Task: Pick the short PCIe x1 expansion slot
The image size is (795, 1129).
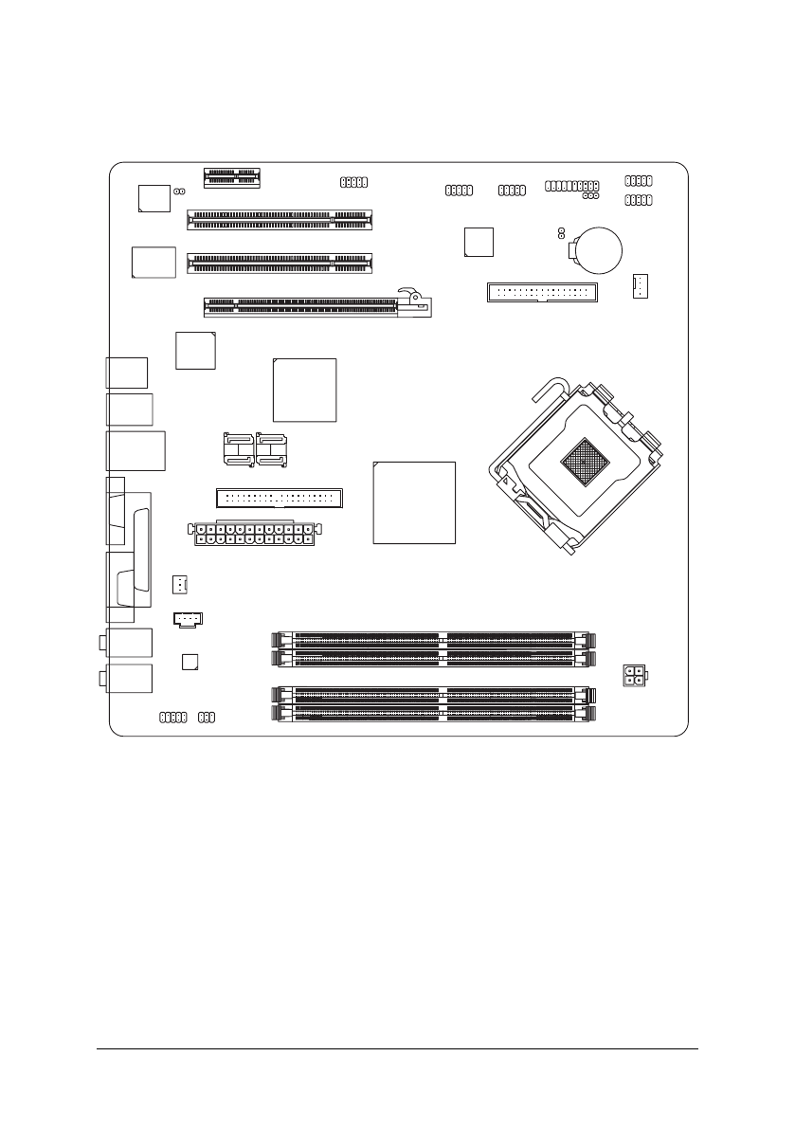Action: [x=233, y=174]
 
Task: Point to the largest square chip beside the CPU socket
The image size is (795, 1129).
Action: [x=414, y=501]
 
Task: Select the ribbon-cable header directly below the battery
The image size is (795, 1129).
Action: [x=541, y=291]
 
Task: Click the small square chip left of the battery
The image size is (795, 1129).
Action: [x=479, y=242]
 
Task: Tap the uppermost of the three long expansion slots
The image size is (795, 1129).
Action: [x=280, y=221]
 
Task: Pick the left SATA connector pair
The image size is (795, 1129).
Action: [x=239, y=449]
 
